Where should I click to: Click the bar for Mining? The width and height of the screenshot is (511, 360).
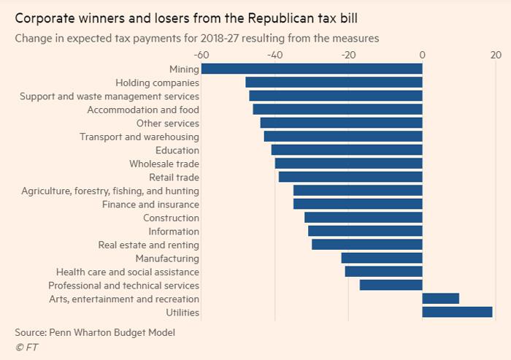(x=312, y=69)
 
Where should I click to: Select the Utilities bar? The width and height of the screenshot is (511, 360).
(x=458, y=313)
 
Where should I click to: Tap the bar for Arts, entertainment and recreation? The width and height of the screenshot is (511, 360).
(x=441, y=299)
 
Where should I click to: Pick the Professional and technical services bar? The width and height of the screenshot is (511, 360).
(x=391, y=286)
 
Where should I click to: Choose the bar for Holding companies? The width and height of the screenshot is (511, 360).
(x=334, y=83)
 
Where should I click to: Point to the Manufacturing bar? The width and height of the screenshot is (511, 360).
(x=382, y=258)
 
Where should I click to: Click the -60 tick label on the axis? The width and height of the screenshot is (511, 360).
(x=201, y=55)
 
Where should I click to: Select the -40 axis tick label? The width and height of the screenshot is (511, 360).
(x=274, y=55)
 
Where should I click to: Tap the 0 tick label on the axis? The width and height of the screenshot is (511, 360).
(x=422, y=55)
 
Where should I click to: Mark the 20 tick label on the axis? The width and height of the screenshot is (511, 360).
(x=496, y=55)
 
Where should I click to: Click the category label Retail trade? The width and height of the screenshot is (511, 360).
(x=174, y=177)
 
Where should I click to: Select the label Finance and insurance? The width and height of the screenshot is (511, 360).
(x=150, y=204)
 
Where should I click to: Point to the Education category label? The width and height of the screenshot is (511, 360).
(x=177, y=150)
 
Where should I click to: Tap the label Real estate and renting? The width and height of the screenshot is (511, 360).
(x=148, y=245)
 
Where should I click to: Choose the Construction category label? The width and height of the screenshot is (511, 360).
(x=171, y=218)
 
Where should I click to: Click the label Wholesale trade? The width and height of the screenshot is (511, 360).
(x=164, y=164)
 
